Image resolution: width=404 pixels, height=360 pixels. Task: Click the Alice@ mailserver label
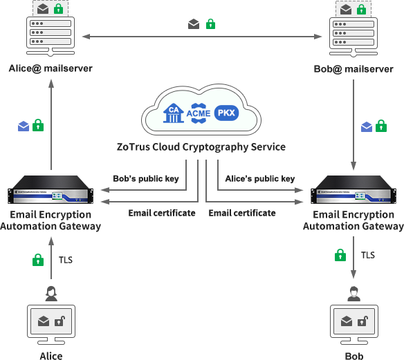pyautogui.click(x=50, y=68)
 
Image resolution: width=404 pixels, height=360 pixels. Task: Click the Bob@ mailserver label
pyautogui.click(x=353, y=69)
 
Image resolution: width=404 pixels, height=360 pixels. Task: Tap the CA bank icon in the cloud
pyautogui.click(x=173, y=113)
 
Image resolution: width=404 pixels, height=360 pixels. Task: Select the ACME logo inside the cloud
pyautogui.click(x=199, y=113)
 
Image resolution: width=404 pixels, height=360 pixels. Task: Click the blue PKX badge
pyautogui.click(x=226, y=113)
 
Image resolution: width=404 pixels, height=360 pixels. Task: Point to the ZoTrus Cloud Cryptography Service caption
pyautogui.click(x=201, y=147)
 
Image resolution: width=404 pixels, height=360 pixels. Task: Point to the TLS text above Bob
pyautogui.click(x=368, y=255)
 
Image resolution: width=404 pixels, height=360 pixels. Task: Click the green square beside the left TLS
pyautogui.click(x=38, y=260)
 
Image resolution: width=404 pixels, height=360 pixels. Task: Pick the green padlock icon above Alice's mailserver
pyautogui.click(x=59, y=9)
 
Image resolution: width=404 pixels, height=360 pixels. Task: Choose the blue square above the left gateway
pyautogui.click(x=23, y=126)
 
